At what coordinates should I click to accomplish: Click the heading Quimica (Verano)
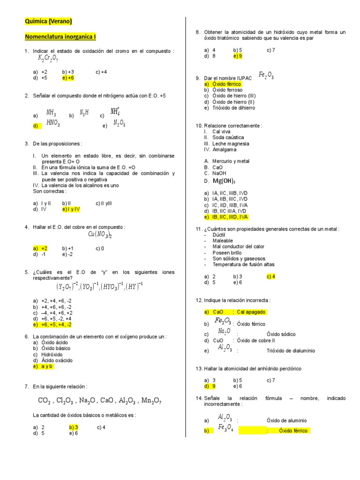coord(49,21)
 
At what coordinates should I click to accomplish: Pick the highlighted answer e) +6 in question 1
coord(68,78)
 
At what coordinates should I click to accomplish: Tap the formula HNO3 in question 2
coord(53,123)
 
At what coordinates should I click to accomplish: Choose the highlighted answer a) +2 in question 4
coord(40,248)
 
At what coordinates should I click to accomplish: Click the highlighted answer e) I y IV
coord(71,209)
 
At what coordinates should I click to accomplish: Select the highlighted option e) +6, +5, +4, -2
coord(52,324)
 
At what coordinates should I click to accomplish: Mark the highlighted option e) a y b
coord(43,367)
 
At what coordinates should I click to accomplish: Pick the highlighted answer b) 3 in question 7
coord(74,427)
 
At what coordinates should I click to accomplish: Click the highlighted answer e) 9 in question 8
coord(238,56)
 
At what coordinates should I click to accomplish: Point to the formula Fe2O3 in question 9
coord(266,75)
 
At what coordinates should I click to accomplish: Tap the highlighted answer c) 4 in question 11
coord(271,276)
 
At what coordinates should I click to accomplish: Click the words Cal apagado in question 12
coord(251,312)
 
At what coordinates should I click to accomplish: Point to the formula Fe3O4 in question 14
coord(225,428)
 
